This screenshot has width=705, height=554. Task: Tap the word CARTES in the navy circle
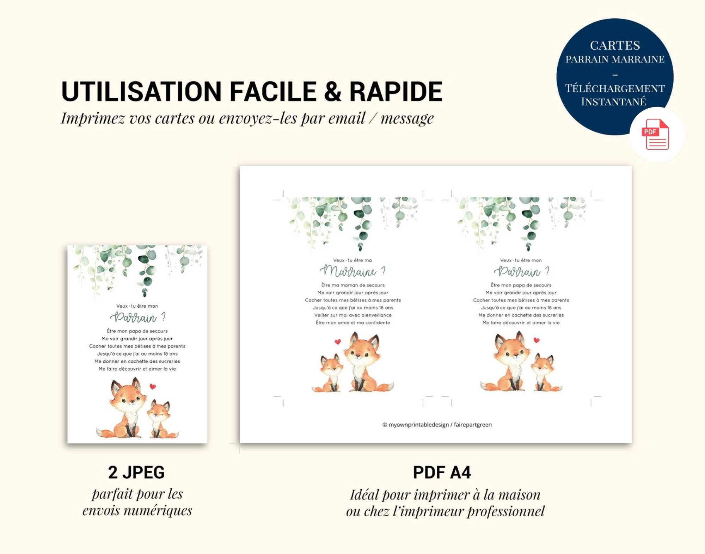point(615,45)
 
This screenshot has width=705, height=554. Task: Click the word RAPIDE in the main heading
point(396,92)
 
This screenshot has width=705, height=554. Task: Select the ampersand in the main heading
point(333,92)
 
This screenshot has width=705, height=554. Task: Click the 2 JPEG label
point(136,473)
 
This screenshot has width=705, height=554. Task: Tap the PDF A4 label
point(442,473)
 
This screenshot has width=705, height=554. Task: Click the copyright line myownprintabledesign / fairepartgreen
point(437,425)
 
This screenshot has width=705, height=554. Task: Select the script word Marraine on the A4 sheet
point(348,271)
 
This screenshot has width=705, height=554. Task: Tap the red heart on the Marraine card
point(338,341)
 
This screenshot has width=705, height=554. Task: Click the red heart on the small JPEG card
point(153,387)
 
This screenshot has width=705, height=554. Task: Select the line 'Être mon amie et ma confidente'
point(353,322)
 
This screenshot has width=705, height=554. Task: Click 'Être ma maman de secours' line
point(353,285)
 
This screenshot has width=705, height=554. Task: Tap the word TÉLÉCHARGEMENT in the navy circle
point(615,88)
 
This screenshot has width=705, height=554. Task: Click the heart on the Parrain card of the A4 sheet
point(537,340)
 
